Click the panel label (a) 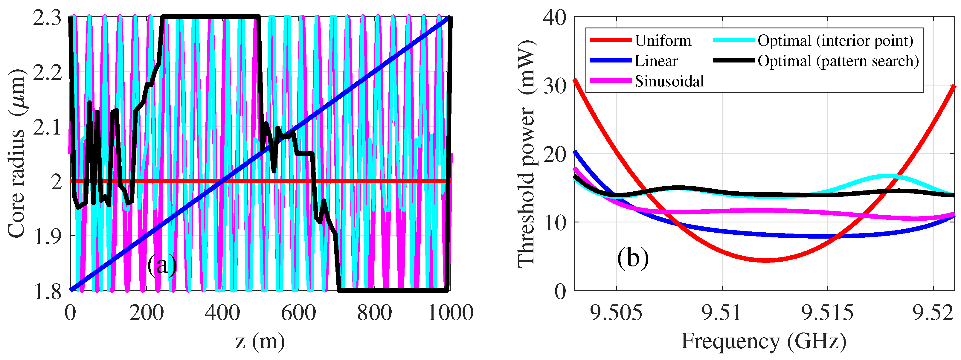click(162, 266)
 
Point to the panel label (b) click(633, 257)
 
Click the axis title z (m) click(260, 341)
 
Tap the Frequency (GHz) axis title click(763, 341)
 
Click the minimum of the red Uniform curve click(765, 260)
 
